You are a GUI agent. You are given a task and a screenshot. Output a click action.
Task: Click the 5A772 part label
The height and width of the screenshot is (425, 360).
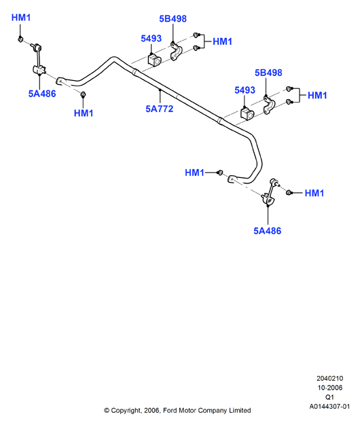pyautogui.click(x=160, y=109)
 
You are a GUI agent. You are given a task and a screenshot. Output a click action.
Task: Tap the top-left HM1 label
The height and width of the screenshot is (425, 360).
pyautogui.click(x=21, y=18)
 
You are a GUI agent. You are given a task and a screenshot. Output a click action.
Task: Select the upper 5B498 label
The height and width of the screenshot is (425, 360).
pyautogui.click(x=173, y=19)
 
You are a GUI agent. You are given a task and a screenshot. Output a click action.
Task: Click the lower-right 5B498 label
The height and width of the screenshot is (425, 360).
pyautogui.click(x=268, y=73)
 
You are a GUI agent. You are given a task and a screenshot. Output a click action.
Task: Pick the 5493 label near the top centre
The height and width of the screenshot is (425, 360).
pyautogui.click(x=151, y=39)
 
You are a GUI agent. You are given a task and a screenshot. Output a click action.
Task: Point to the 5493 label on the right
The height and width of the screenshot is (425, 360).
pyautogui.click(x=245, y=90)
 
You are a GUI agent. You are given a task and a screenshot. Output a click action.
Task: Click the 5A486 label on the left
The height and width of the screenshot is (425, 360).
pyautogui.click(x=42, y=94)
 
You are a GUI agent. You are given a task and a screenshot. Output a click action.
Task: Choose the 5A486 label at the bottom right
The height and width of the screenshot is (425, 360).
pyautogui.click(x=268, y=231)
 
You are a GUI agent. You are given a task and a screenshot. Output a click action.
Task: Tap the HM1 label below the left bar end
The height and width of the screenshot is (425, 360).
pyautogui.click(x=84, y=113)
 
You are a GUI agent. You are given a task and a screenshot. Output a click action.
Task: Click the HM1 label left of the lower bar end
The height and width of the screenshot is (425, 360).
pyautogui.click(x=194, y=172)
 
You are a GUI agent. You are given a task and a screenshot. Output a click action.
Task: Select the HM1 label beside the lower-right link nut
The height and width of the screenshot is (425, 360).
pyautogui.click(x=314, y=193)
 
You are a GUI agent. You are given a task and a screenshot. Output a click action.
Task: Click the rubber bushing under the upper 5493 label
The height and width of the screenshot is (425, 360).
pyautogui.click(x=154, y=60)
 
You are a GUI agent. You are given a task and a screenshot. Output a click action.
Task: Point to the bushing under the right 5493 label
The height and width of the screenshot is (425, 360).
pyautogui.click(x=247, y=113)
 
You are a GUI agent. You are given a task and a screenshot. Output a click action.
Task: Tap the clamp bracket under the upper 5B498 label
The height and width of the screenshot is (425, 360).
pyautogui.click(x=176, y=52)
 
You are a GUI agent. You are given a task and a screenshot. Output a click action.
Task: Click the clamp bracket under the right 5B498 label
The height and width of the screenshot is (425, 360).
pyautogui.click(x=269, y=106)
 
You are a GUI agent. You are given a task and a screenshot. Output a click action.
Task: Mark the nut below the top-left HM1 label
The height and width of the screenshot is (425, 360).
pyautogui.click(x=20, y=39)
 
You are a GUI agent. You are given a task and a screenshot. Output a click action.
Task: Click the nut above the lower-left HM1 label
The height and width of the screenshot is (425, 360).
pyautogui.click(x=84, y=94)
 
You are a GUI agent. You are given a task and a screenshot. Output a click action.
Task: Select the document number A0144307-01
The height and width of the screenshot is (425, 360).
pyautogui.click(x=329, y=407)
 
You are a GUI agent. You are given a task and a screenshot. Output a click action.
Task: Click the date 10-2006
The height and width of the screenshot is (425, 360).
pyautogui.click(x=330, y=388)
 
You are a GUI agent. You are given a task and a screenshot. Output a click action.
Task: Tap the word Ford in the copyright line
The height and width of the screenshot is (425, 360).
pyautogui.click(x=170, y=410)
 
